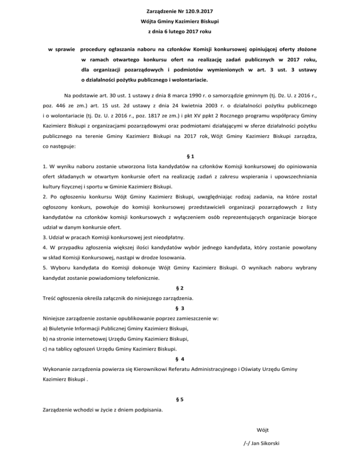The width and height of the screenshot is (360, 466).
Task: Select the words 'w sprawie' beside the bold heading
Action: [62, 48]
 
